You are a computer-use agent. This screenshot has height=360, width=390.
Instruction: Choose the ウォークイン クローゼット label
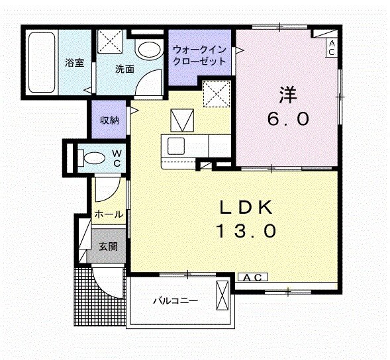[201, 54]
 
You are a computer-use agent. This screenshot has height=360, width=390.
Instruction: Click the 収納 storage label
[109, 120]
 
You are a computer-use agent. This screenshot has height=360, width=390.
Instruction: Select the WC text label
[116, 158]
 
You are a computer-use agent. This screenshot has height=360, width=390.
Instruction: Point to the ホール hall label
[107, 214]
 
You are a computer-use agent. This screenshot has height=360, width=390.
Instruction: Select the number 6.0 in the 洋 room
[287, 120]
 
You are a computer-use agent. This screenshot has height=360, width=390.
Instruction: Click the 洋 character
[287, 95]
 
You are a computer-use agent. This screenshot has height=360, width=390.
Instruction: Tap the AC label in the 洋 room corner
[331, 47]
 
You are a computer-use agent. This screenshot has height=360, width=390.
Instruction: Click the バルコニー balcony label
[175, 300]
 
